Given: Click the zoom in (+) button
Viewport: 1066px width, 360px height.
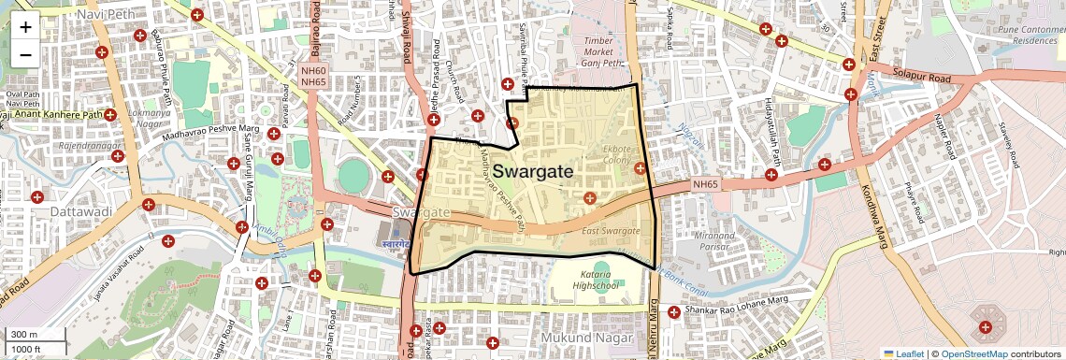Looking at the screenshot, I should point(25,26).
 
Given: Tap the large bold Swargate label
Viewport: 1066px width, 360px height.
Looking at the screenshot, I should point(533,171).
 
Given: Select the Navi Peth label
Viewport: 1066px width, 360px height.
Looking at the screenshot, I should point(105,14).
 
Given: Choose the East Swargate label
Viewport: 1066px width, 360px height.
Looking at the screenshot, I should point(610,231).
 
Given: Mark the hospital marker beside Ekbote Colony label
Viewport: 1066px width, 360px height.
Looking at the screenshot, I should point(640,168).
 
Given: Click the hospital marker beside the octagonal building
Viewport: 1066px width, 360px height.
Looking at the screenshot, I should point(985,327).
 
